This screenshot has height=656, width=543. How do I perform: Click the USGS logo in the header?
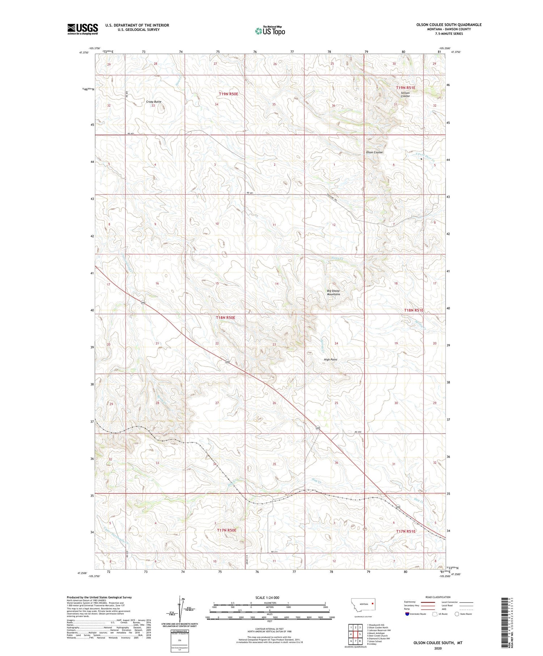(x=83, y=29)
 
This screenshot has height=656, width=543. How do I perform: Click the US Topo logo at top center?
(x=270, y=31)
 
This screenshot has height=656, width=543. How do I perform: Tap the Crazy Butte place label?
(x=153, y=102)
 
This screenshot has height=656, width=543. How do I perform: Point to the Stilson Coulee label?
(x=405, y=94)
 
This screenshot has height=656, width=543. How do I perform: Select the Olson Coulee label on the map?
(x=374, y=152)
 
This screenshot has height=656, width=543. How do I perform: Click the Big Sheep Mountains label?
(x=333, y=292)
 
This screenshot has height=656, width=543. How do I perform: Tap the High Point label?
(x=330, y=359)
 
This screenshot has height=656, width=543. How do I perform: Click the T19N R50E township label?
(x=228, y=94)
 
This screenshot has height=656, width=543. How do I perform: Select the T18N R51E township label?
(x=413, y=310)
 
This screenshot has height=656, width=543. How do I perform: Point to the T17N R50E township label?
(x=226, y=530)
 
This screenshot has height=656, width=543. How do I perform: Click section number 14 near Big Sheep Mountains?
(x=277, y=284)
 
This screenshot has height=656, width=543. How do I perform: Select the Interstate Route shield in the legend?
(x=408, y=614)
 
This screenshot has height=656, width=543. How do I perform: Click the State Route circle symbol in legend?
(x=457, y=614)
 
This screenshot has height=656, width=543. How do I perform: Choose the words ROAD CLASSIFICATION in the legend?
(x=438, y=597)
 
